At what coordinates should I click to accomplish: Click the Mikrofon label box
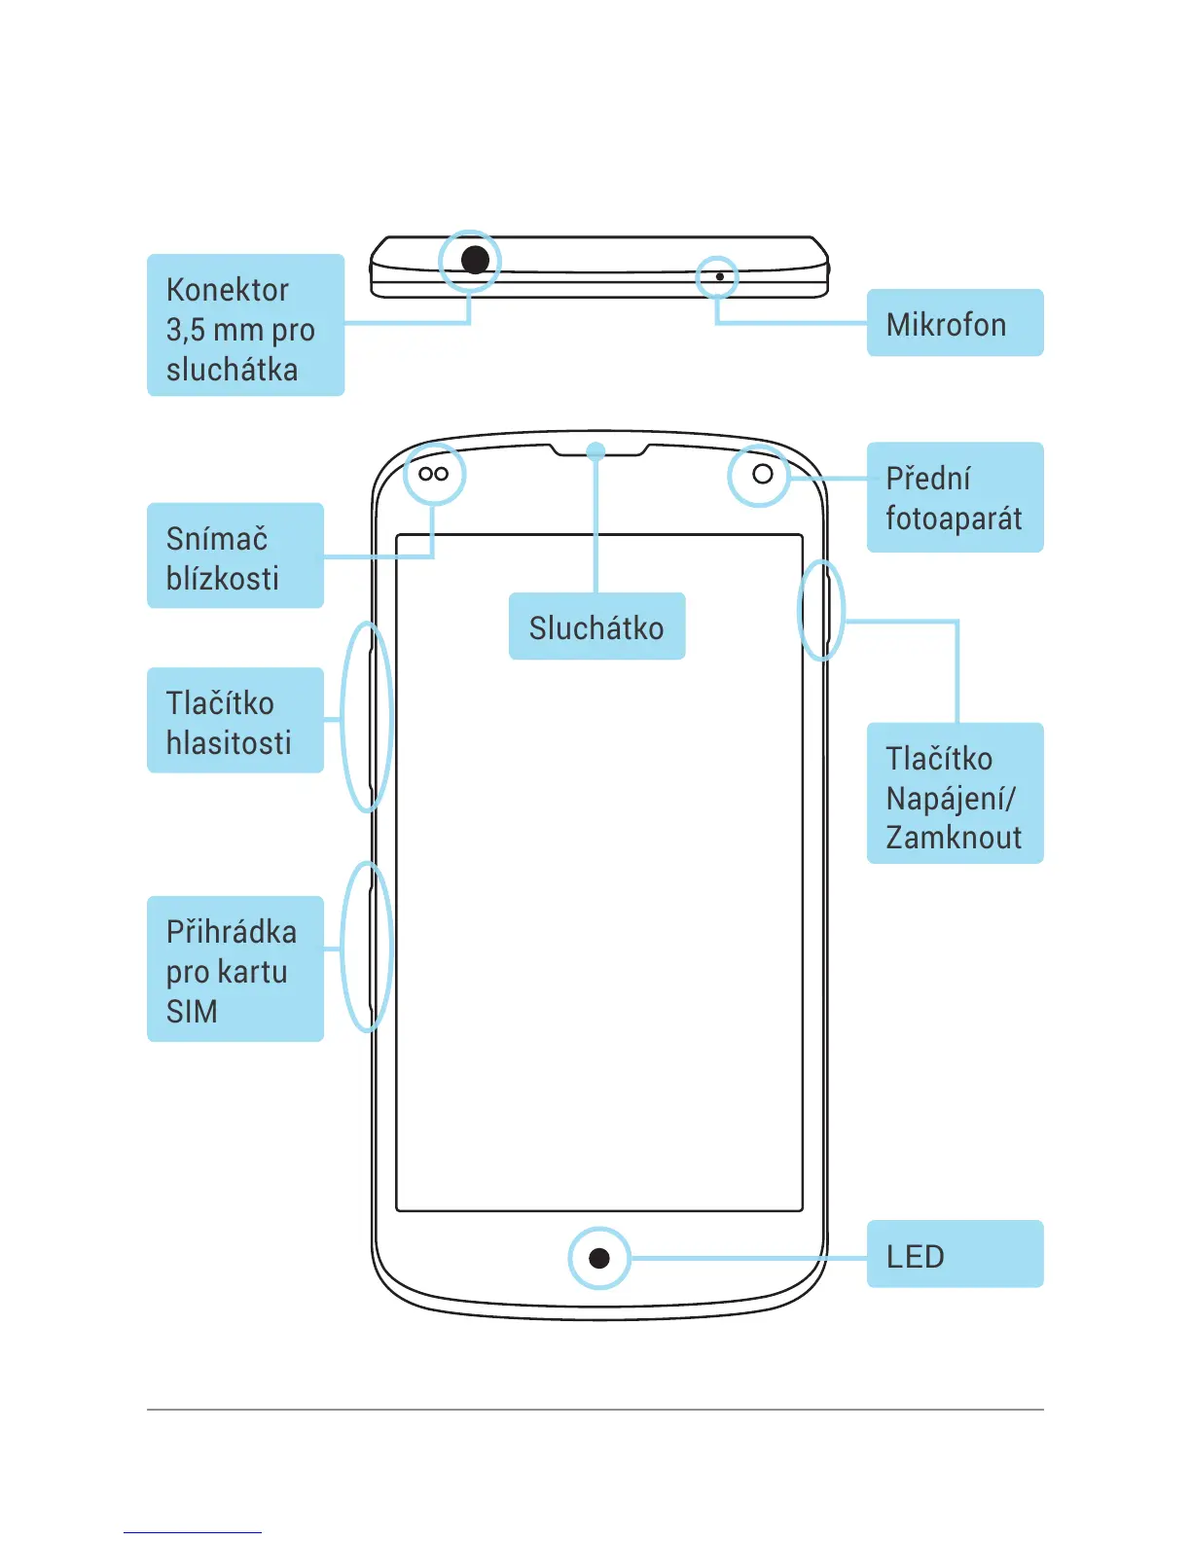coord(954,323)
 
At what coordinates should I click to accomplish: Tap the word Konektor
coord(228,290)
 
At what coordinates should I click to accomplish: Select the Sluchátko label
coord(596,627)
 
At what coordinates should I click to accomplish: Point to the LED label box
coord(954,1255)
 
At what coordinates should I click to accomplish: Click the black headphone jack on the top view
coord(475,260)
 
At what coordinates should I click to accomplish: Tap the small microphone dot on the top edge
coord(719,276)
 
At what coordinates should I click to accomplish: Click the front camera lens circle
coord(763,474)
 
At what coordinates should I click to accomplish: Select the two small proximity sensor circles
coord(433,474)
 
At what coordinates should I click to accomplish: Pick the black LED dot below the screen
coord(599,1258)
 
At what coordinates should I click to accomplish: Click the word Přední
coord(928,479)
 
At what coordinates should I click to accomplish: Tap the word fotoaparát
coord(954,519)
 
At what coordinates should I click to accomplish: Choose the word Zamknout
coord(954,838)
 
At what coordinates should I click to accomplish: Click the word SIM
coord(192,1012)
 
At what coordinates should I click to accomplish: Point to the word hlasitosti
coord(229,743)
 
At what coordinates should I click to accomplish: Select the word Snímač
coord(217,539)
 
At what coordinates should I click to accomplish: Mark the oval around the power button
coord(821,610)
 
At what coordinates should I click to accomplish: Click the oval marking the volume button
coord(367,717)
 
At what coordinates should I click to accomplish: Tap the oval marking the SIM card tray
coord(367,947)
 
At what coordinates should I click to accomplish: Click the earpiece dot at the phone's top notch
coord(596,450)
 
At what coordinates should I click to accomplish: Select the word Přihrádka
coord(232,932)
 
